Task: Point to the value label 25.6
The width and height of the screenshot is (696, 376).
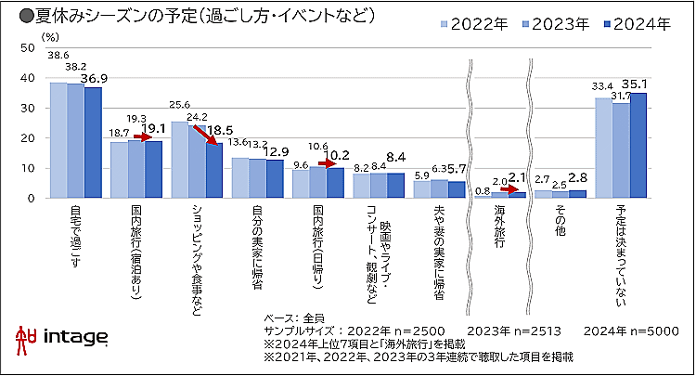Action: [x=180, y=105]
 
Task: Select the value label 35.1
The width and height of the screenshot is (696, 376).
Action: [x=639, y=80]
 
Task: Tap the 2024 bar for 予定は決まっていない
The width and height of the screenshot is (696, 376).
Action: [x=638, y=145]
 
